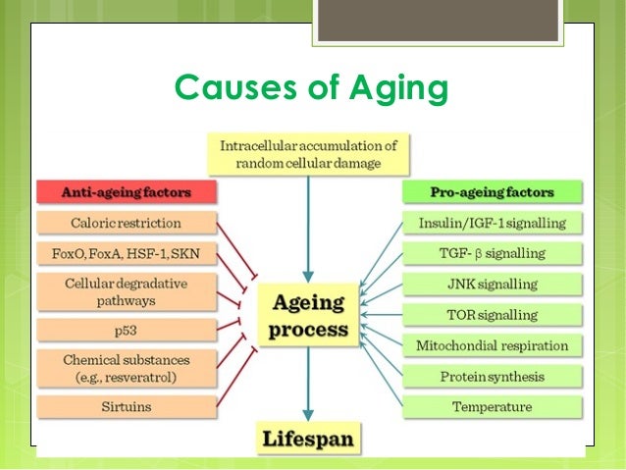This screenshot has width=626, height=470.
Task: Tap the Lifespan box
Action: [x=308, y=438]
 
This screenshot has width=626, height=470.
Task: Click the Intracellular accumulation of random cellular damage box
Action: [x=308, y=155]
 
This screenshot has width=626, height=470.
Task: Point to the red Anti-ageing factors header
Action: [x=112, y=191]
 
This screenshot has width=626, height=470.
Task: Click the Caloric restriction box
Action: [x=112, y=223]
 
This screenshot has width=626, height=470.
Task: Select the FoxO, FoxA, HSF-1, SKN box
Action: [x=112, y=254]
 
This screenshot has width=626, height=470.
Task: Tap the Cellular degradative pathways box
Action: [x=112, y=292]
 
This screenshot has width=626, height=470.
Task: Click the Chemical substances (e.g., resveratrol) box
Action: [x=112, y=367]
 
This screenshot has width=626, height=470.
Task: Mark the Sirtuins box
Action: [x=112, y=404]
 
